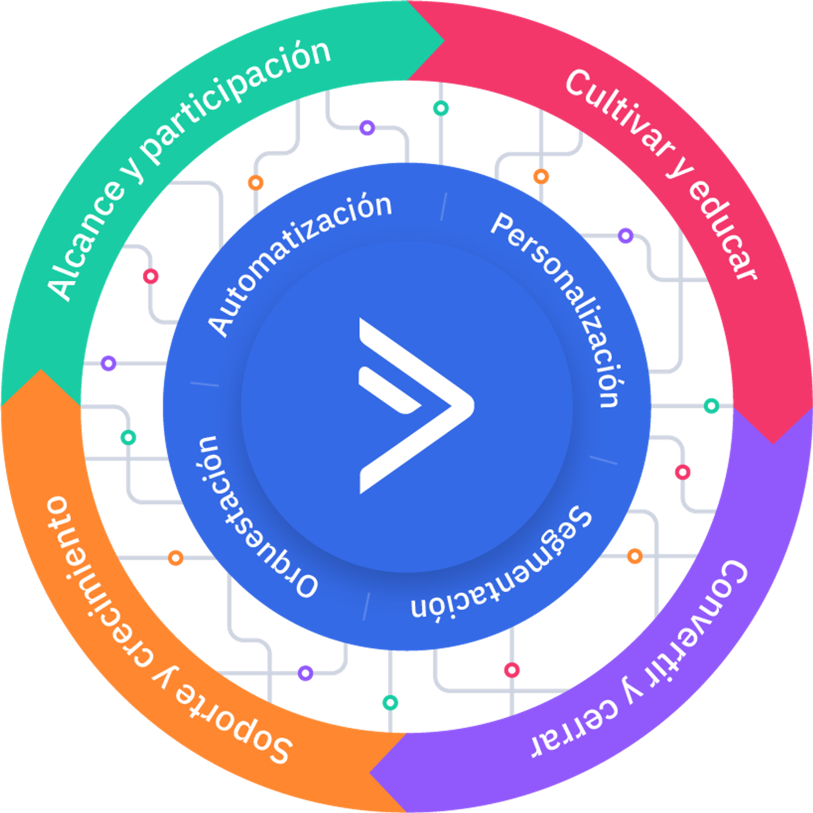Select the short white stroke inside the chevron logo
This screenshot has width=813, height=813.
point(387,390)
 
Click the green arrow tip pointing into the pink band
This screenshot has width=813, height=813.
point(428,42)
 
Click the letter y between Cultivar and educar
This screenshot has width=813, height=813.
point(680,171)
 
